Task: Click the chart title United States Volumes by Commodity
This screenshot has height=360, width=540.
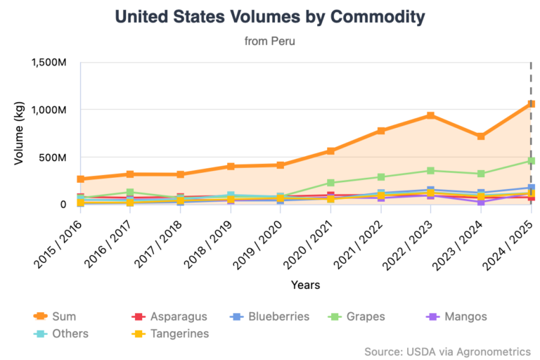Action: (x=269, y=16)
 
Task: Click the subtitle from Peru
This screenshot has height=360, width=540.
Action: (x=269, y=41)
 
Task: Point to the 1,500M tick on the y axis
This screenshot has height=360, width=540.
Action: (x=49, y=63)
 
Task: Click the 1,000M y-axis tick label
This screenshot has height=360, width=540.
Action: (x=49, y=110)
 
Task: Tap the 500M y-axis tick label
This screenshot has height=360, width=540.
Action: (x=53, y=157)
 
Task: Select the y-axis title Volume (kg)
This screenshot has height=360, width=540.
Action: (x=19, y=134)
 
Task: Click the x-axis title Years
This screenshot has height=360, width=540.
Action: (x=305, y=285)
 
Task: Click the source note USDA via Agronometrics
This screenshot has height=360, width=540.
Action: (x=447, y=351)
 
